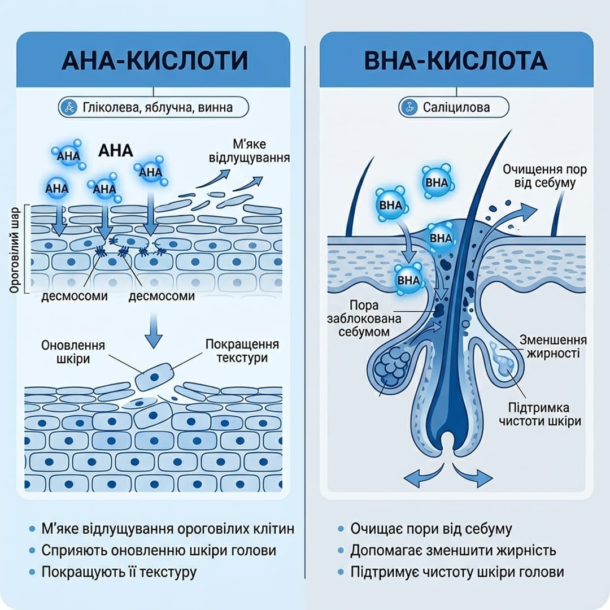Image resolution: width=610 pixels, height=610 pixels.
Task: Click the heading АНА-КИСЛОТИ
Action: pyautogui.click(x=154, y=60)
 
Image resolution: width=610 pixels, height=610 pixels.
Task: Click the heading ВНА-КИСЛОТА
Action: pyautogui.click(x=456, y=60)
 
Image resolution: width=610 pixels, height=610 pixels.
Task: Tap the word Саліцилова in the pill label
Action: pyautogui.click(x=456, y=107)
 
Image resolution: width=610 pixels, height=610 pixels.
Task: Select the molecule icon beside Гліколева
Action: pyautogui.click(x=70, y=107)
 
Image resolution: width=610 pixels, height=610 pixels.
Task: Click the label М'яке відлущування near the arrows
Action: pyautogui.click(x=250, y=151)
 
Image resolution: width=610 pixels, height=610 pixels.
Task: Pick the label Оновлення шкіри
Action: pyautogui.click(x=73, y=352)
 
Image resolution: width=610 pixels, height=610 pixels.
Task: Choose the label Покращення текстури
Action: pyautogui.click(x=242, y=351)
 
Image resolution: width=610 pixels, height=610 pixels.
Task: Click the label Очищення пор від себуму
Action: pyautogui.click(x=544, y=176)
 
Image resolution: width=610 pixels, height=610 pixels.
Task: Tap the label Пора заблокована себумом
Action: pyautogui.click(x=364, y=319)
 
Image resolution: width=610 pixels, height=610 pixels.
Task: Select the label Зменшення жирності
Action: pyautogui.click(x=553, y=346)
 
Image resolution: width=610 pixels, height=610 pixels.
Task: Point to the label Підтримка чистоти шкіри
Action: pyautogui.click(x=540, y=414)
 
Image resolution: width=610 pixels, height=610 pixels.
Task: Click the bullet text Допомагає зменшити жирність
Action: pyautogui.click(x=453, y=551)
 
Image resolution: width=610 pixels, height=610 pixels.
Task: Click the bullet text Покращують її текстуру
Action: pyautogui.click(x=119, y=572)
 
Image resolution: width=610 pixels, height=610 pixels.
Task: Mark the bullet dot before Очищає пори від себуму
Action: pyautogui.click(x=341, y=529)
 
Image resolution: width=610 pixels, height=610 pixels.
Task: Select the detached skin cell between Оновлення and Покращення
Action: pyautogui.click(x=154, y=376)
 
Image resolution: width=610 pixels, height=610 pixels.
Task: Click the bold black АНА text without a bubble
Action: pyautogui.click(x=116, y=151)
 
